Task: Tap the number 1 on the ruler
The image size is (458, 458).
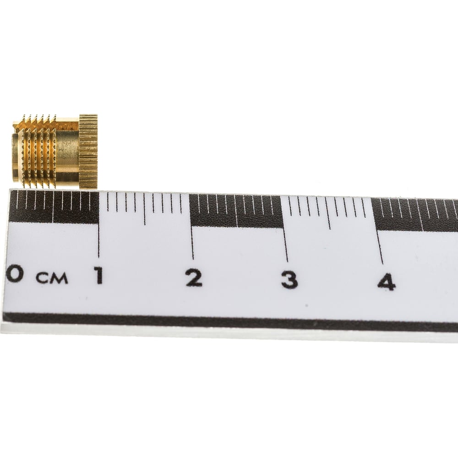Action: [x=99, y=276]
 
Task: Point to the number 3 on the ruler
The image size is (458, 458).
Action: [x=289, y=279]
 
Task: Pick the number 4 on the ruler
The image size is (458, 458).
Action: [x=387, y=281]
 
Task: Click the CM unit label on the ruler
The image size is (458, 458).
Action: [x=52, y=278]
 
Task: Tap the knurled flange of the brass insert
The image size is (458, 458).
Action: [x=88, y=151]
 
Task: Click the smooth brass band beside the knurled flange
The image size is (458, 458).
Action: [x=68, y=152]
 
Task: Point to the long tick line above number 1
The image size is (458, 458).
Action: [x=99, y=224]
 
